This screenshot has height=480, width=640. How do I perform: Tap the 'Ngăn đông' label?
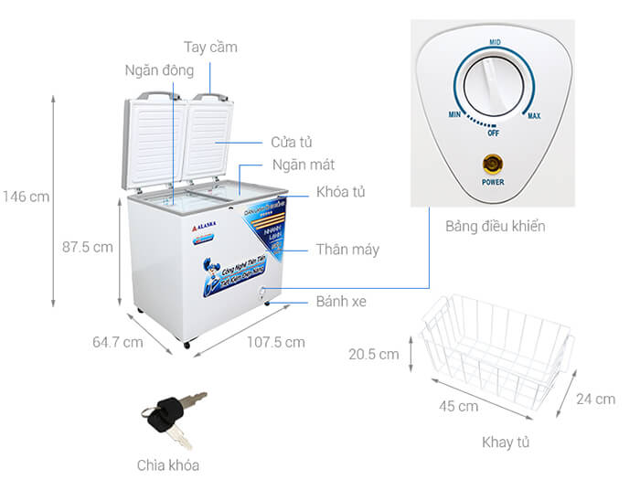[159, 69]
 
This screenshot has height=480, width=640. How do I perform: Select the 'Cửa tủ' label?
[292, 143]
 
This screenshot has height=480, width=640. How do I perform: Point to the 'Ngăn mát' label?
[303, 165]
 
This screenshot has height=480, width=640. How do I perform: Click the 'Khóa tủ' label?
[341, 192]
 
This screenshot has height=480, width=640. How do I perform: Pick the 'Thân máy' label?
[347, 249]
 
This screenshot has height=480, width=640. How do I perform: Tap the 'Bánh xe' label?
[341, 301]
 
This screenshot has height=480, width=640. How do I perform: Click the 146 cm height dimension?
[27, 196]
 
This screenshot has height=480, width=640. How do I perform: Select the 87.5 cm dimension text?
[88, 247]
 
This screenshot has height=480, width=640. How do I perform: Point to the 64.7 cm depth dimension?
[117, 343]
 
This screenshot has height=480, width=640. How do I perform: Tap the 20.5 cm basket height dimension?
[375, 354]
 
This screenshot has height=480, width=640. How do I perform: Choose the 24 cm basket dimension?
[595, 399]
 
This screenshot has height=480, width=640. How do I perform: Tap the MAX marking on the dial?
[534, 116]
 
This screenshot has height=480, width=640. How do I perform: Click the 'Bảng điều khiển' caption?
[496, 226]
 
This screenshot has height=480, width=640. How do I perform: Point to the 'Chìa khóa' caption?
[170, 464]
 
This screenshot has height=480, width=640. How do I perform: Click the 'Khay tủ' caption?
[507, 443]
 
